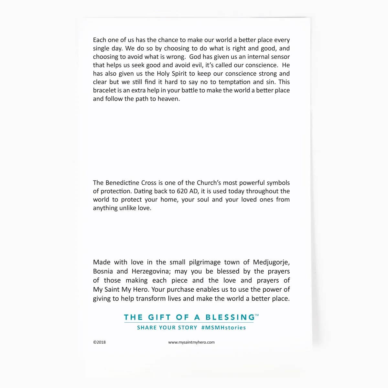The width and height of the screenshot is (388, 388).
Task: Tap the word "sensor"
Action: [x=279, y=57]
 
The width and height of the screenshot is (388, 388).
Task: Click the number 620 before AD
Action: [x=182, y=191]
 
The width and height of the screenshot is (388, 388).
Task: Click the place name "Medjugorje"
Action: [x=271, y=262]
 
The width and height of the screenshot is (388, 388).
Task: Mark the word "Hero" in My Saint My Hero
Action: [x=140, y=289]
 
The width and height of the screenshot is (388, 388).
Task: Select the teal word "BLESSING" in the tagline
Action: [x=230, y=317]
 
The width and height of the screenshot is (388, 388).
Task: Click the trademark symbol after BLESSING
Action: [x=257, y=315]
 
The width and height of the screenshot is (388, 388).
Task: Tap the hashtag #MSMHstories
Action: [x=223, y=328]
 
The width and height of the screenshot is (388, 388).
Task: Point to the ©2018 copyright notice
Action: [x=99, y=342]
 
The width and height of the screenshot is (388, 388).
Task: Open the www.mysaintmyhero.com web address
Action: [x=191, y=342]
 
